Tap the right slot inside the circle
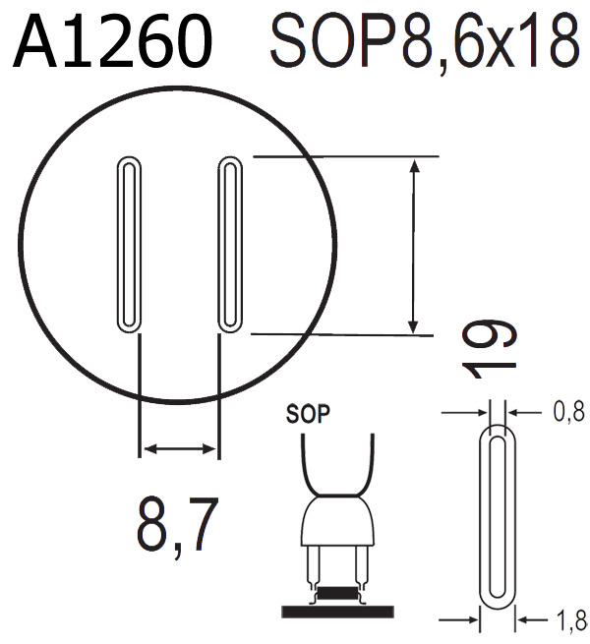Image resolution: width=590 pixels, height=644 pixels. pos(227,243)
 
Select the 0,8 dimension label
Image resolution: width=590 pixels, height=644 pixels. pos(568,413)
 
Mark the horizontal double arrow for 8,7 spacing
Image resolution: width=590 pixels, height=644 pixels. pos(178,449)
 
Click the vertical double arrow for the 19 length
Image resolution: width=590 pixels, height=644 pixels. pos(415,246)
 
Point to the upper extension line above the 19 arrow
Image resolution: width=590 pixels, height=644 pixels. pos(344,155)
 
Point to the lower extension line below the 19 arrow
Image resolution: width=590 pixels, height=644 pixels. pos(344,334)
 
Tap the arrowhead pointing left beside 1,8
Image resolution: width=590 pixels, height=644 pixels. pos(523,619)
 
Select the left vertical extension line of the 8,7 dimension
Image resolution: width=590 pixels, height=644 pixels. pos(140,393)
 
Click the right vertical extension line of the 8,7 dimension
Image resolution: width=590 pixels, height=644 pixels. pos(217,393)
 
